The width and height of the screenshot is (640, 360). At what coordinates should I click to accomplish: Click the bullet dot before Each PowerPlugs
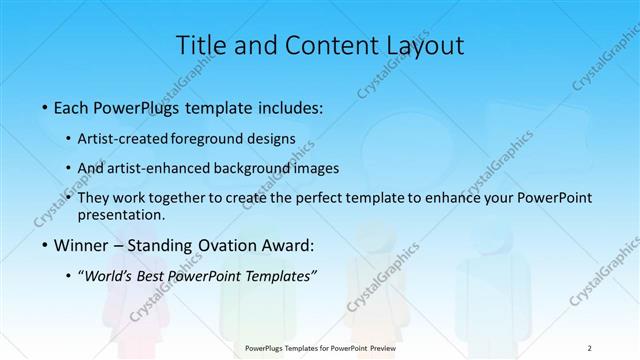(46, 106)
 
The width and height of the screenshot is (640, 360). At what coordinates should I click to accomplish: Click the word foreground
(208, 139)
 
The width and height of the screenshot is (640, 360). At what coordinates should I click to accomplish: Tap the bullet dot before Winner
(46, 246)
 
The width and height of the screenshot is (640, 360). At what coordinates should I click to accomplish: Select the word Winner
(84, 246)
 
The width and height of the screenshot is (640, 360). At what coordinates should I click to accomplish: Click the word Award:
(290, 246)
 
